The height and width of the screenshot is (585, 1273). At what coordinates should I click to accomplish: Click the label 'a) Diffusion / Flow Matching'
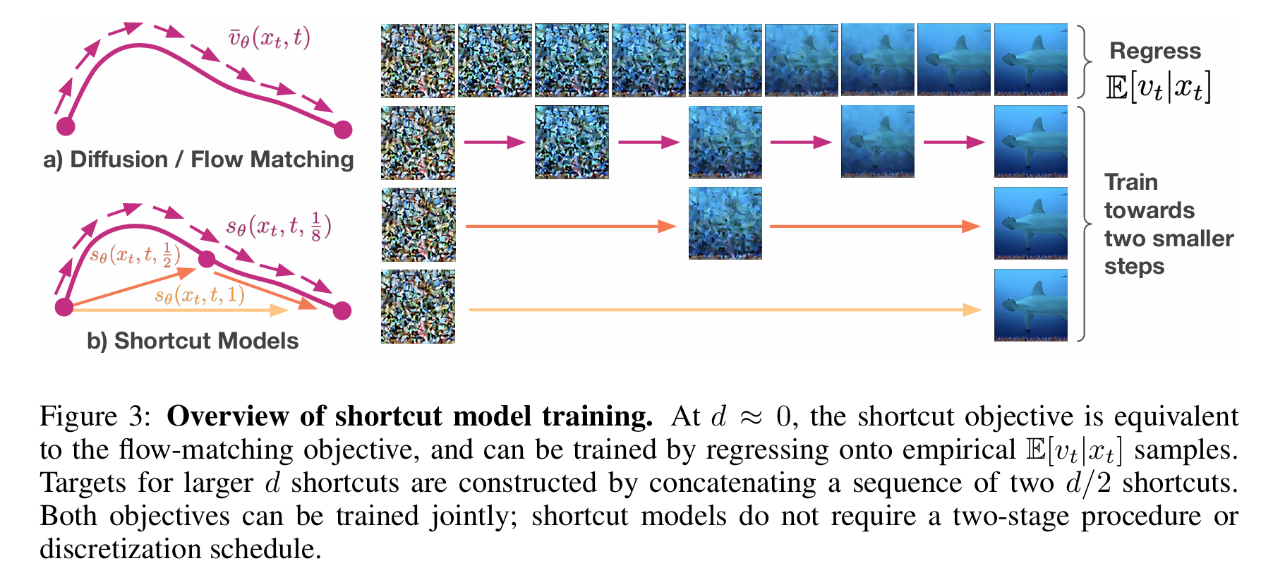(x=198, y=160)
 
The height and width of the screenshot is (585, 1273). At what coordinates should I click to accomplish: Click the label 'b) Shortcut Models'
(x=193, y=341)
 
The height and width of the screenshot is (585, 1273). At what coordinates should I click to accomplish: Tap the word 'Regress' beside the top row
(x=1155, y=52)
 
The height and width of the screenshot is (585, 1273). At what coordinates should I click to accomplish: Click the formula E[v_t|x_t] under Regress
(x=1158, y=88)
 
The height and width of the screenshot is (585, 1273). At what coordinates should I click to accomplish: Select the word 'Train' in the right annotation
(x=1131, y=182)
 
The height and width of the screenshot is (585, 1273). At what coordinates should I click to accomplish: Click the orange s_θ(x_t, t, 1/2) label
(x=135, y=254)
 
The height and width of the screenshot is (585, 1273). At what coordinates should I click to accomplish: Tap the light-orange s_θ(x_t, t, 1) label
(x=200, y=295)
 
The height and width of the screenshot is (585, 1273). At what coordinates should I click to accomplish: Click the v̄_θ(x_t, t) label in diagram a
(x=269, y=37)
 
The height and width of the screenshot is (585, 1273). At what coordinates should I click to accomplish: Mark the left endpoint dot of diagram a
(x=66, y=126)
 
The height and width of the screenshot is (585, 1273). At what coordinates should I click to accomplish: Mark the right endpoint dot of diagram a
(x=343, y=130)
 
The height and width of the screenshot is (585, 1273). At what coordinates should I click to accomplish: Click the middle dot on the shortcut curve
(x=207, y=259)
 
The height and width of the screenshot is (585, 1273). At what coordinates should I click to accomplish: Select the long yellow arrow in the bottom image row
(x=725, y=309)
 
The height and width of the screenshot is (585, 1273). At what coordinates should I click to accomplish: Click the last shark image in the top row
(x=1031, y=60)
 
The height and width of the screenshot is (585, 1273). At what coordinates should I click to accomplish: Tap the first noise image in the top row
(x=418, y=61)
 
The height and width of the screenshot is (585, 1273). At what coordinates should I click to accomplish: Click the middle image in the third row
(x=725, y=224)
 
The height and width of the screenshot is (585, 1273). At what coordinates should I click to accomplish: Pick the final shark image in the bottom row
(x=1031, y=306)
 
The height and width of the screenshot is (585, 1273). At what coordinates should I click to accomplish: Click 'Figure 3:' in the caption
(x=95, y=417)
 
